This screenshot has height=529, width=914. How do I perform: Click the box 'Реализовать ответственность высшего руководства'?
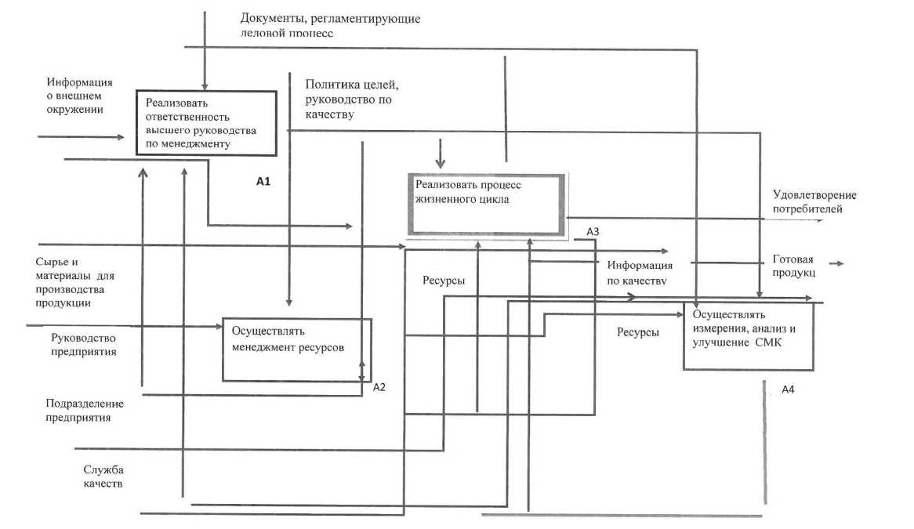(x=207, y=122)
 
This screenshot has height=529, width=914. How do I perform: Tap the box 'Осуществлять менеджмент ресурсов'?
(x=296, y=349)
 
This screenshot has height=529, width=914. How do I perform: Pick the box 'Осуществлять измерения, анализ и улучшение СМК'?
(x=749, y=335)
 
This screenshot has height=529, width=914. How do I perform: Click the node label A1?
(x=263, y=181)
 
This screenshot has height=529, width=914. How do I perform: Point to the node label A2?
(x=380, y=386)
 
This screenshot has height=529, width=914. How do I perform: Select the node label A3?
(x=593, y=232)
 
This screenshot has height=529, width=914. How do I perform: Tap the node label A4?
(x=789, y=390)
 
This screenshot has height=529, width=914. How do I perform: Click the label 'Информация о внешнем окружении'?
(x=79, y=96)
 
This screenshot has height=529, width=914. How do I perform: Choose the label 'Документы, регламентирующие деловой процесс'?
(x=330, y=25)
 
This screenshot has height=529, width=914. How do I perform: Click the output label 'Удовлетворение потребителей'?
(x=814, y=202)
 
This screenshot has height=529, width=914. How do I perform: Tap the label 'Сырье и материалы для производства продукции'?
(x=74, y=282)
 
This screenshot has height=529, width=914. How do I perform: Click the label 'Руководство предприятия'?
(x=84, y=345)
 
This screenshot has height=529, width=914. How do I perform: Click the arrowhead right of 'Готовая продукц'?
(x=840, y=263)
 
